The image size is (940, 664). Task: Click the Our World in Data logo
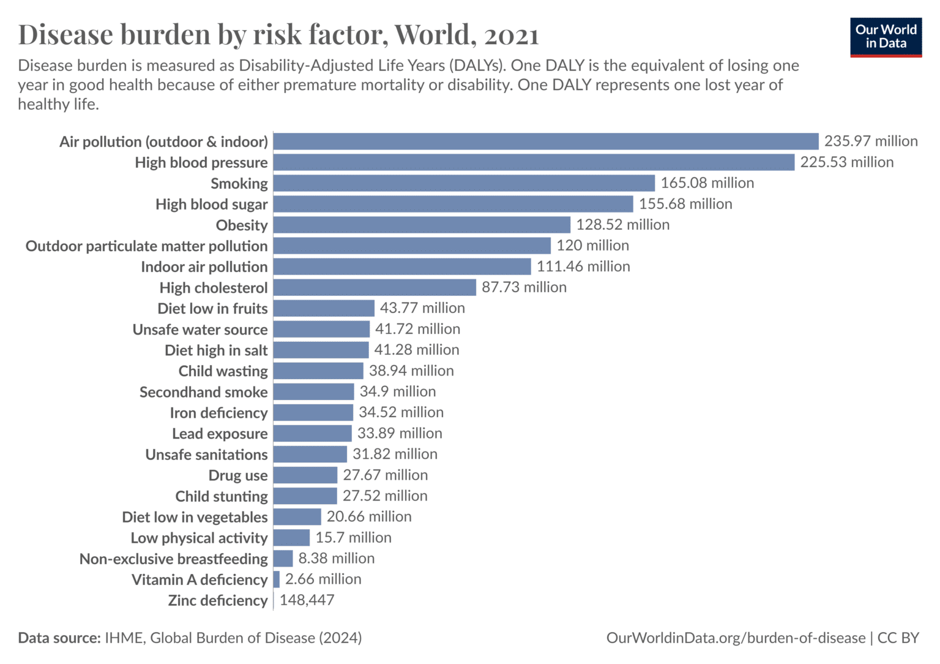click(886, 37)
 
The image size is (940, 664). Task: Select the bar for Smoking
click(464, 183)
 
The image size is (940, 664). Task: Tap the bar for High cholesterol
click(375, 287)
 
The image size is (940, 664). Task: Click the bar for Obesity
click(422, 225)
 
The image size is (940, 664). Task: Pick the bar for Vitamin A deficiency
click(277, 579)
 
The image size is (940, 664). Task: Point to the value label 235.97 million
click(870, 141)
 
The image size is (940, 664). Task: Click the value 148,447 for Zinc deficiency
click(307, 600)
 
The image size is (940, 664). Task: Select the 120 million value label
click(592, 246)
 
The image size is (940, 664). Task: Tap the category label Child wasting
click(223, 371)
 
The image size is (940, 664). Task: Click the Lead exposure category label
click(220, 434)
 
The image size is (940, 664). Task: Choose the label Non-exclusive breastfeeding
click(173, 559)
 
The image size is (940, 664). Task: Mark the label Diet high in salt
click(216, 350)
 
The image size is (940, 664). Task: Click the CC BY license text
click(898, 638)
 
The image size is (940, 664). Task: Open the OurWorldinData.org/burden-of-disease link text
click(736, 638)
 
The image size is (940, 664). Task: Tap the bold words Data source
click(59, 638)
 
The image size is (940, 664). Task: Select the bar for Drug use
click(305, 475)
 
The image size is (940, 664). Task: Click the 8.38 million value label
click(336, 559)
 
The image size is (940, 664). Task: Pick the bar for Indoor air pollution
click(402, 266)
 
